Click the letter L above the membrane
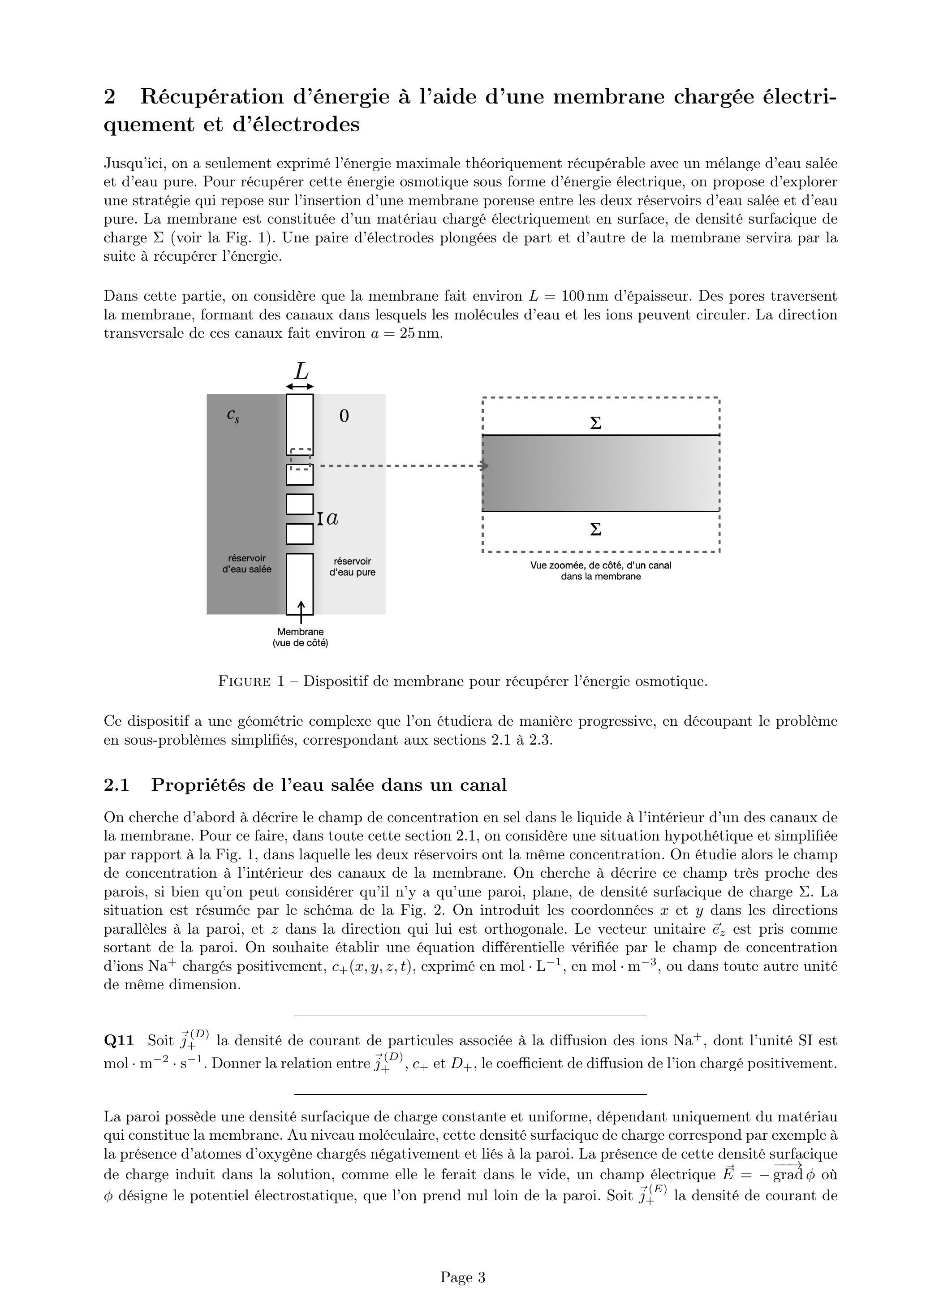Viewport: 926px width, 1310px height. [301, 372]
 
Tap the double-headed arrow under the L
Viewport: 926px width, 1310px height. [300, 387]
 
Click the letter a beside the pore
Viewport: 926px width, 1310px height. [332, 519]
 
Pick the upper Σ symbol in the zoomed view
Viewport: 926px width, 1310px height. [595, 423]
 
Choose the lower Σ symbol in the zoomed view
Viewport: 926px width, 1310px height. [595, 530]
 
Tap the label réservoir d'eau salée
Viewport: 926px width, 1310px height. [246, 564]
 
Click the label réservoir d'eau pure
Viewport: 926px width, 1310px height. [352, 567]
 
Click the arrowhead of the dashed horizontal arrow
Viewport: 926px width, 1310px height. [485, 466]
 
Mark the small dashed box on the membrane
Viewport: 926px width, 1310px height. [301, 459]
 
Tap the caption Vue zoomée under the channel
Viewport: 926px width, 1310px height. [600, 571]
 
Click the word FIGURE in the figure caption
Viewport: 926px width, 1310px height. [245, 682]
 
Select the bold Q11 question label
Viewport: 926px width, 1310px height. [119, 1041]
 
